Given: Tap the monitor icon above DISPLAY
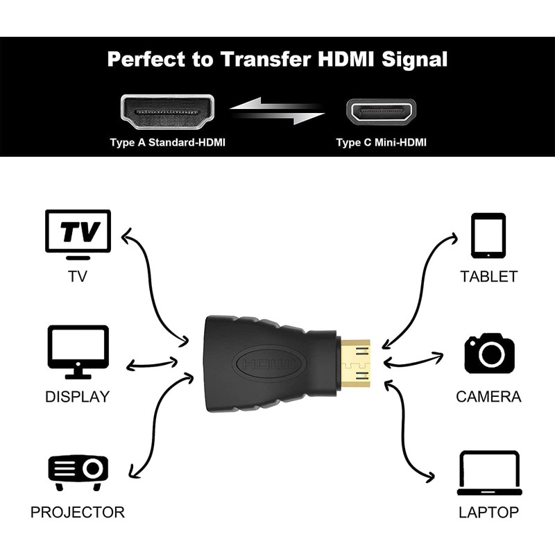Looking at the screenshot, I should click(x=78, y=351).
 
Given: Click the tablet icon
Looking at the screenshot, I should click(x=488, y=236).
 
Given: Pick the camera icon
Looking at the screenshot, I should click(x=489, y=354).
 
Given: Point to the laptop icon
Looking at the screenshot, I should click(x=489, y=473).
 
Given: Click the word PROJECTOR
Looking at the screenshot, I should click(x=78, y=513).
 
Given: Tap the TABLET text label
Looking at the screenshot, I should click(x=489, y=276).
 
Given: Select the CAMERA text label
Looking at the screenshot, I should click(x=489, y=397).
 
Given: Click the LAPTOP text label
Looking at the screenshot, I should click(x=489, y=513).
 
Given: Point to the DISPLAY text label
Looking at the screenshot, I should click(x=78, y=397).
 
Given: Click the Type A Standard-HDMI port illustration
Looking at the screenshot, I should click(x=167, y=111).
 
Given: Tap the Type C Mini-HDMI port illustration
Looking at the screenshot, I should click(x=381, y=111).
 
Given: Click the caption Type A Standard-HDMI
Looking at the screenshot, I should click(x=167, y=143).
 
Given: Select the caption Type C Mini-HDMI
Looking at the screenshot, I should click(x=381, y=143).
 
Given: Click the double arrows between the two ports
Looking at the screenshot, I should click(x=277, y=110).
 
